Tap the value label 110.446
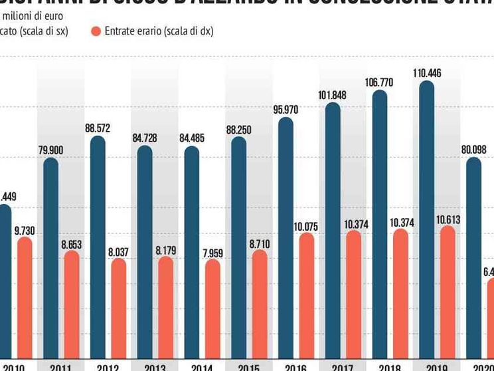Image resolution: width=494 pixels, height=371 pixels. [x=426, y=73]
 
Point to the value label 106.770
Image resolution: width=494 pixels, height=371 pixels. [x=379, y=82]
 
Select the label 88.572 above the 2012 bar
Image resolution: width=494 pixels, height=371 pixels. [x=98, y=128]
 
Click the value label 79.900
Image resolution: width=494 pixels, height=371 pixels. [x=51, y=150]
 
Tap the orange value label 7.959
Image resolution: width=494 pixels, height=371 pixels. [x=212, y=252]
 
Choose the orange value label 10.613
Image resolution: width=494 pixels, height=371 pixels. [x=448, y=219]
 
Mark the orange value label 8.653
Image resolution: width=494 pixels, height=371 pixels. [x=72, y=244]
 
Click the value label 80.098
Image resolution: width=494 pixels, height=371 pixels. [x=473, y=150]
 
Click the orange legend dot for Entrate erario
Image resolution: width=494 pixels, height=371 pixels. [x=96, y=31]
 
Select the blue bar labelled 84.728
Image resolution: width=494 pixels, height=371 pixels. [x=145, y=253]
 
